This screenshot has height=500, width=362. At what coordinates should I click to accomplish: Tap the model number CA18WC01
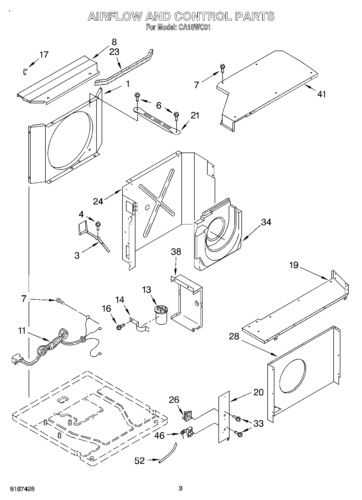[x=194, y=27]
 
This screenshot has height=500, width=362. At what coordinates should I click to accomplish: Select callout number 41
[x=321, y=94]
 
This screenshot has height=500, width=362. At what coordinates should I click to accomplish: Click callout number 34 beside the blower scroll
[x=266, y=222]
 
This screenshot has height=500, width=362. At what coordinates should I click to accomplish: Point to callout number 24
[x=98, y=201]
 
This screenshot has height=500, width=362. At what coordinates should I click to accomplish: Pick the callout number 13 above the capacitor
[x=147, y=290]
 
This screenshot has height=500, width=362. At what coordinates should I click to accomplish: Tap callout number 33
[x=258, y=423]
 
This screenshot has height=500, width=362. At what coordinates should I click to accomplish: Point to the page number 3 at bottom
[x=181, y=488]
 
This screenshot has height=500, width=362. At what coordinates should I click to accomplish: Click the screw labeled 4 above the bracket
[x=98, y=225]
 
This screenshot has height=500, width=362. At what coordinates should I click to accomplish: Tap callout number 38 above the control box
[x=176, y=252]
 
